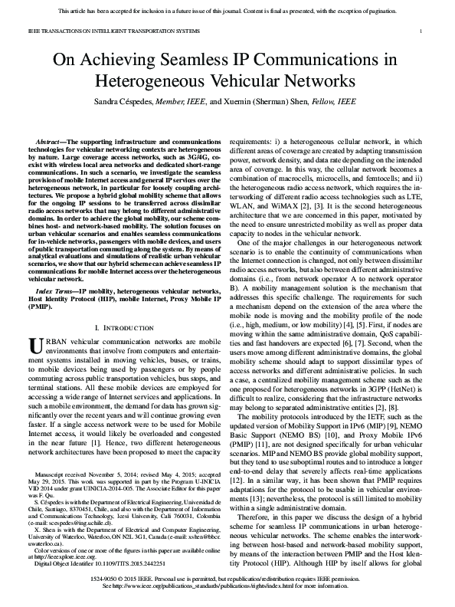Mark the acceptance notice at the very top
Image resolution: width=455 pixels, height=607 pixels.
pyautogui.click(x=227, y=6)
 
